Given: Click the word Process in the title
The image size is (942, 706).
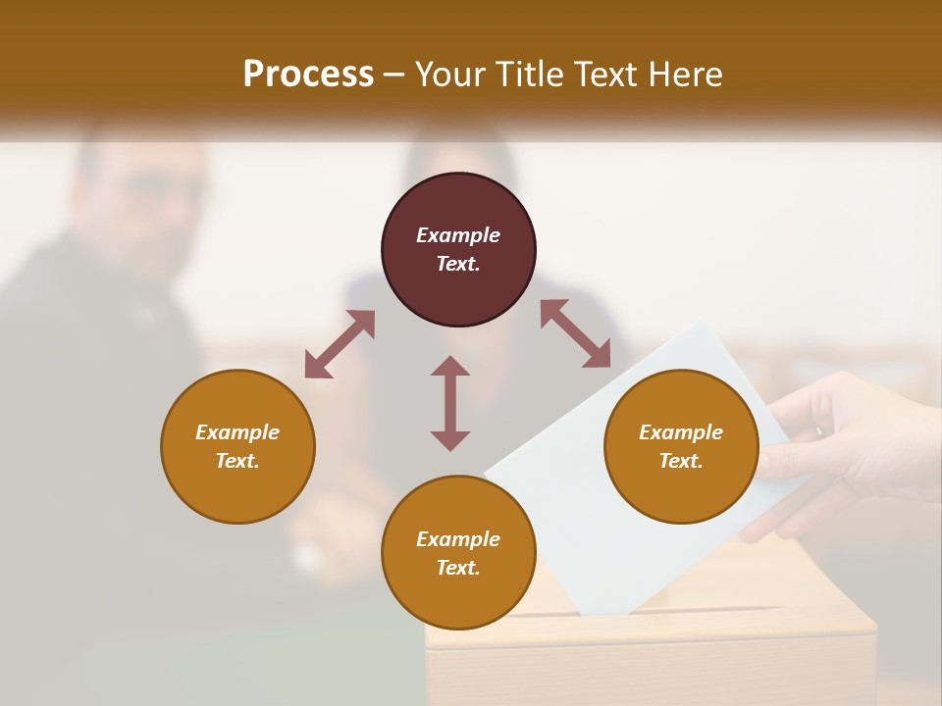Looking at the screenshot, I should (x=308, y=75).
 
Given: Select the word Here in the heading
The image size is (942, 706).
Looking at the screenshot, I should (x=684, y=75).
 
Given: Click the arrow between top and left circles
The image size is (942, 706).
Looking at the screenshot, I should (x=340, y=344).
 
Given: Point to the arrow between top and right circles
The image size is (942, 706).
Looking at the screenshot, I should (x=576, y=334).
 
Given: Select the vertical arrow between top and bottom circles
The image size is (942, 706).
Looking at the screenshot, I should (x=450, y=403).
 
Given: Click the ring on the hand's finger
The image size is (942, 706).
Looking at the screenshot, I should (x=819, y=429).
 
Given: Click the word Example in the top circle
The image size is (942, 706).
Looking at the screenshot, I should (x=458, y=235).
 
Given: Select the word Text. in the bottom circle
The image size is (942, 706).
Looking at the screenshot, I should (x=458, y=568).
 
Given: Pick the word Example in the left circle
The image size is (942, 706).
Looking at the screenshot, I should (x=237, y=432).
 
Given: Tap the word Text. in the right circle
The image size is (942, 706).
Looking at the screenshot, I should (x=681, y=461).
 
